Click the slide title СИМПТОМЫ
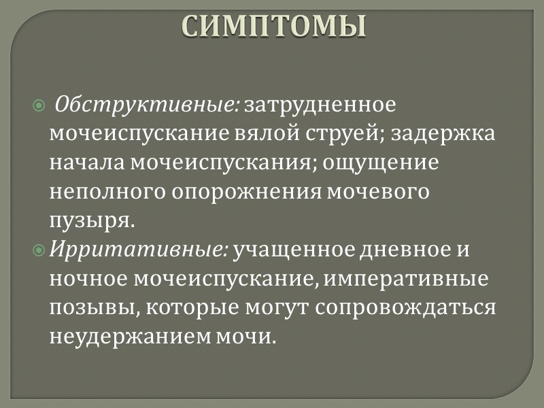[275, 25]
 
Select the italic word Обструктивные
[146, 107]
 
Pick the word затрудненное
[320, 107]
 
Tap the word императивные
[398, 279]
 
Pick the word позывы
[86, 307]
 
